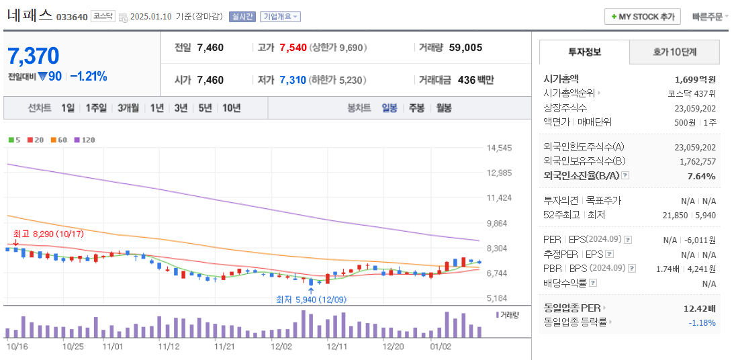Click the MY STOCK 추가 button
click(x=643, y=17)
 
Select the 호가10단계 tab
click(x=674, y=52)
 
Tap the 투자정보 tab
click(x=584, y=52)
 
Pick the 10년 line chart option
click(x=231, y=107)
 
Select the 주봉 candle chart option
click(x=416, y=107)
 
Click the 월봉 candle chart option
click(x=443, y=107)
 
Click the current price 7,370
click(x=33, y=56)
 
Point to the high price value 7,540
click(x=293, y=48)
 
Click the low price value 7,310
click(x=293, y=80)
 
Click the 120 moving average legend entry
click(x=85, y=140)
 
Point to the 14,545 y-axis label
click(x=499, y=148)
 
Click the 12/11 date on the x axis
click(x=336, y=347)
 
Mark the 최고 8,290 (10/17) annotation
click(x=48, y=234)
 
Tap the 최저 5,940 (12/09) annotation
click(x=310, y=299)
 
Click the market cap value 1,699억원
click(x=695, y=79)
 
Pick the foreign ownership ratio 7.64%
click(x=701, y=176)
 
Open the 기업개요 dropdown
click(x=280, y=17)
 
